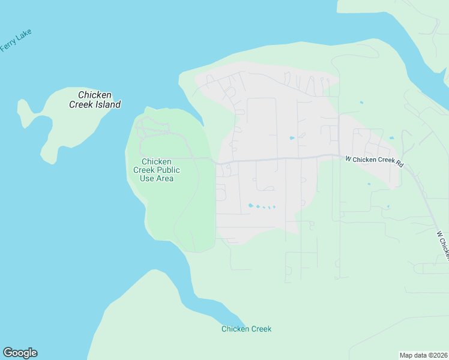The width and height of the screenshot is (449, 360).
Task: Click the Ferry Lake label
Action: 16,40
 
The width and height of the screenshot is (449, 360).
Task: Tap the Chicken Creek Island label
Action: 95,100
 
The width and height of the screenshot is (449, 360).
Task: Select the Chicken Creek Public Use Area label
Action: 157,170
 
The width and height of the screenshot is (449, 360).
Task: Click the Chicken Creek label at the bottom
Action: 246,329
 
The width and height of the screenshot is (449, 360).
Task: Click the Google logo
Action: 20,353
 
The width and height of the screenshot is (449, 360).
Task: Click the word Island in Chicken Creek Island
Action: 109,104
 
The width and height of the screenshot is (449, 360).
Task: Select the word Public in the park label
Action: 168,170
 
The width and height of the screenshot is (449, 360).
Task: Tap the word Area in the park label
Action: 165,178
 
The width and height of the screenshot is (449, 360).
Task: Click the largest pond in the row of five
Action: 250,205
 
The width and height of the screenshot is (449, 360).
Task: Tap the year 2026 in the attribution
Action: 439,355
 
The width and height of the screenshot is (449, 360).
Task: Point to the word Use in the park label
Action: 147,178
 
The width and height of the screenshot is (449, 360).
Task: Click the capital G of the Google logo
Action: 8,353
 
